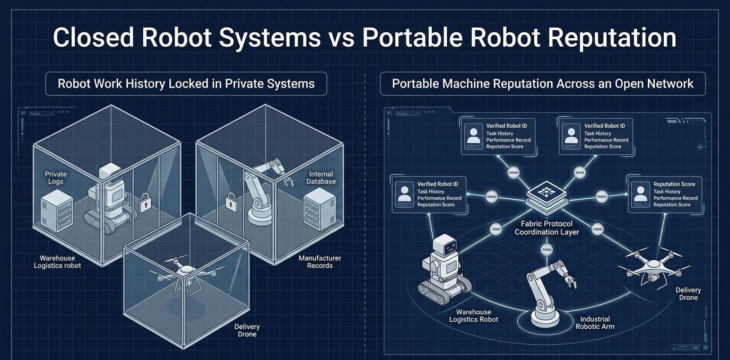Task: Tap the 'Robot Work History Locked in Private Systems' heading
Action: coord(186,84)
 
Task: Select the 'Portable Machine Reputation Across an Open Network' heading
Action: coord(543,84)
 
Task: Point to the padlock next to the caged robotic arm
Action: coord(230,201)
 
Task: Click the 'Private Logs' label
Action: coord(56,178)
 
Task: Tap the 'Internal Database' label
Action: coord(321,178)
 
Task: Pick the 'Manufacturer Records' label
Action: coord(320,261)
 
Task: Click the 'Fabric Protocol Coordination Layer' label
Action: coord(546,228)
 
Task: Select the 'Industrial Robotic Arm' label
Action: coord(595,323)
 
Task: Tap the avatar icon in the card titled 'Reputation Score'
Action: coord(640,194)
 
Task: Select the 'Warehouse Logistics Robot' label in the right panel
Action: coord(474,315)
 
